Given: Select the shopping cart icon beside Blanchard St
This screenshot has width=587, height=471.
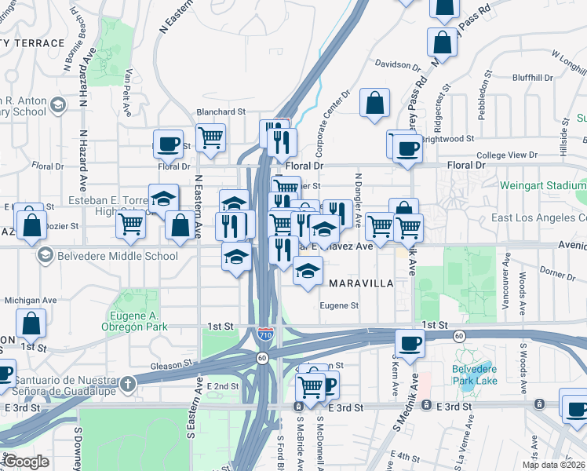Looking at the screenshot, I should click(x=210, y=139).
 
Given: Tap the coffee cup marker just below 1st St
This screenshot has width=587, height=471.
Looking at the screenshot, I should click(x=410, y=343).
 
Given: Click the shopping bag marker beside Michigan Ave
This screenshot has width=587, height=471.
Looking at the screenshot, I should click(x=31, y=323).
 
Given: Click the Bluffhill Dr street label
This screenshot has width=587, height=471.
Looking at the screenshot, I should click(x=511, y=77).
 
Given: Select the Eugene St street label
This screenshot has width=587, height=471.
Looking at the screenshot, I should click(x=339, y=306).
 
